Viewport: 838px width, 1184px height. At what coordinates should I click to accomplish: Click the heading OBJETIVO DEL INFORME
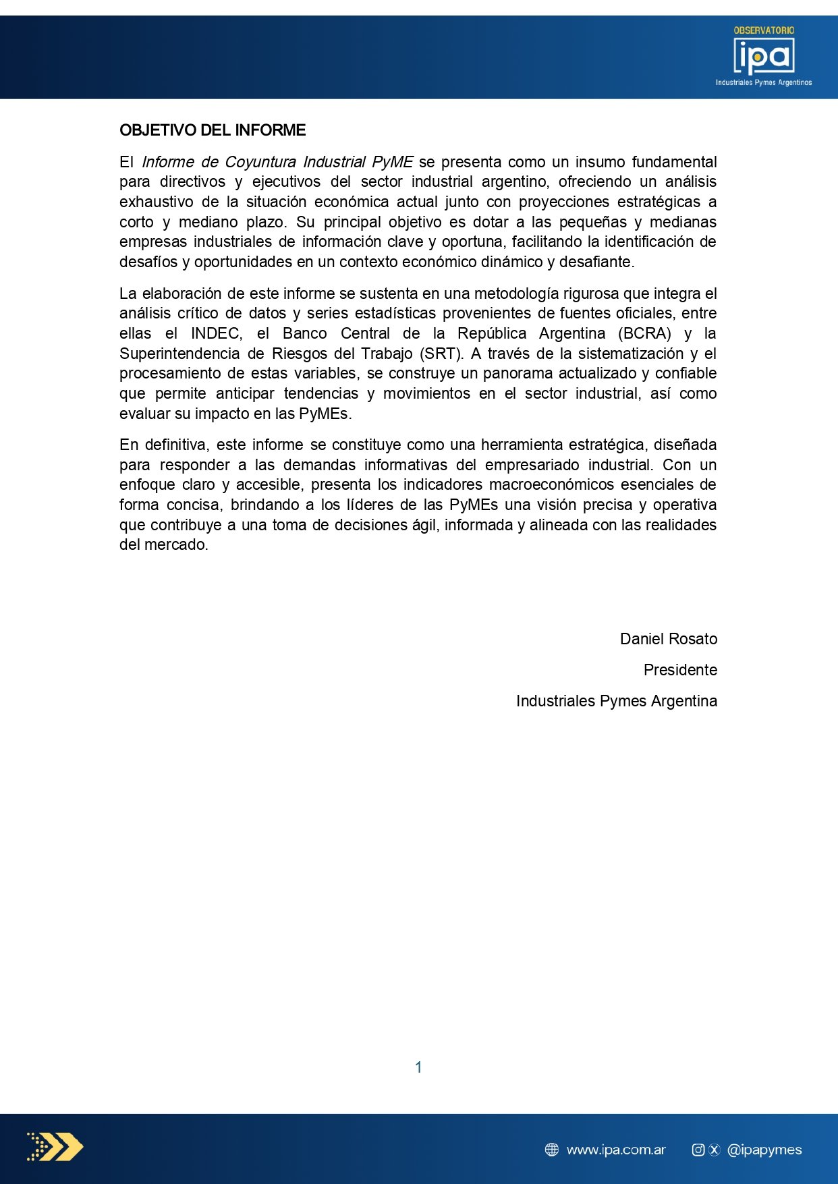(x=213, y=130)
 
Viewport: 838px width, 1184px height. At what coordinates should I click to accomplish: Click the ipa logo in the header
(x=764, y=56)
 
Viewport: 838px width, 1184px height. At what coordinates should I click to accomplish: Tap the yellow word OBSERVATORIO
(x=764, y=30)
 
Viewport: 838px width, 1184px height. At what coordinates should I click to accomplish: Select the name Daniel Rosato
(x=668, y=639)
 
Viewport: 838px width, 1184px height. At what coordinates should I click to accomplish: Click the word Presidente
(x=679, y=670)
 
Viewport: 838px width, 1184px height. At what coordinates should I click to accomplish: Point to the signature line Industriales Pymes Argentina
(x=616, y=701)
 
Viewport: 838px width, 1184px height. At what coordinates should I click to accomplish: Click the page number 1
(x=418, y=1067)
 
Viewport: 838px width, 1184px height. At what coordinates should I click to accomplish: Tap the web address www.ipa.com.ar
(x=615, y=1150)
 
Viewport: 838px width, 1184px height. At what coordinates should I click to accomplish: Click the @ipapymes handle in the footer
(x=764, y=1150)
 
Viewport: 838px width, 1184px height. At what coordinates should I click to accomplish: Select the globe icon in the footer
(x=552, y=1150)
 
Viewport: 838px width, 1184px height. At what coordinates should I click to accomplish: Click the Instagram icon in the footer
(x=698, y=1150)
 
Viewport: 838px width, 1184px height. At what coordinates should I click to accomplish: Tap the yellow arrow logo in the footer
(x=55, y=1146)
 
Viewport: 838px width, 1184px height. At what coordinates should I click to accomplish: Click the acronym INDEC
(x=216, y=333)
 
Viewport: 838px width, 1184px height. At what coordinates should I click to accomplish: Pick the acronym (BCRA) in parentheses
(x=644, y=333)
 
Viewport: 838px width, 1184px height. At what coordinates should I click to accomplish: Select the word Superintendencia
(x=179, y=354)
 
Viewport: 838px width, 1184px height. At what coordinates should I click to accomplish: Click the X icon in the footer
(x=715, y=1150)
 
